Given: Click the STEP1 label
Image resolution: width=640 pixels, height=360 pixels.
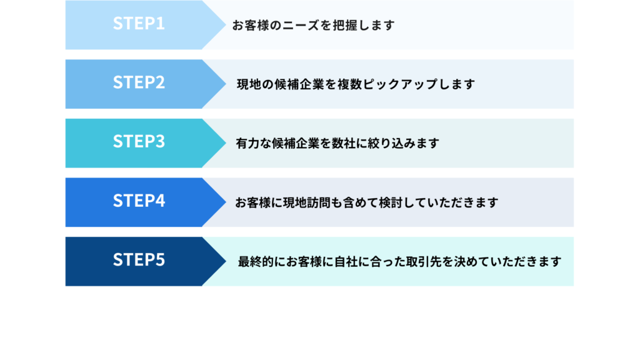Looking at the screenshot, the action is (x=139, y=24).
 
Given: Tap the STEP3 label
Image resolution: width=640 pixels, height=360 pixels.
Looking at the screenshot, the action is (x=139, y=142).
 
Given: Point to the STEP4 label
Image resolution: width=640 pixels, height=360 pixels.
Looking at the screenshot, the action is (x=139, y=201).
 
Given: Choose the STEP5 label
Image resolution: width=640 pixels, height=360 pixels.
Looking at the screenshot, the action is (x=139, y=260).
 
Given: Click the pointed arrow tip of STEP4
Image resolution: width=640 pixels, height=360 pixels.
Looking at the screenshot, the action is (x=226, y=202).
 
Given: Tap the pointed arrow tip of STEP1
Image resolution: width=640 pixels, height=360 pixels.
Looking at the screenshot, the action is (x=226, y=25).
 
